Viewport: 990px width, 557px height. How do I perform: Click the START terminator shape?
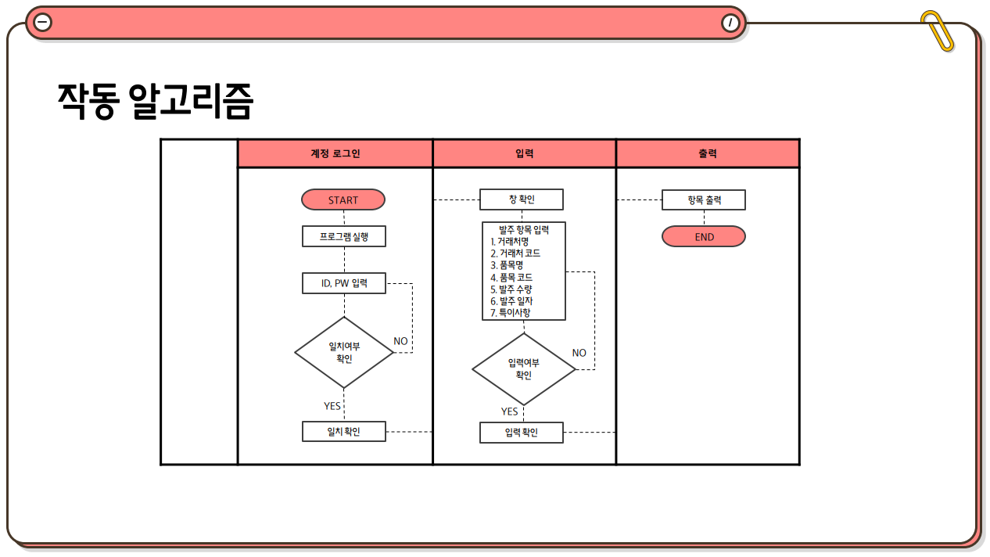point(343,199)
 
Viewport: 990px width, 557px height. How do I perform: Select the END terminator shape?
point(704,236)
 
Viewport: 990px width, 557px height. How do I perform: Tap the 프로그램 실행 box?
point(344,236)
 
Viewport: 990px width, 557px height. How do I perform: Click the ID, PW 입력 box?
point(344,283)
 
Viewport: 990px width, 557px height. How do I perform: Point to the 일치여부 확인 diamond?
point(344,352)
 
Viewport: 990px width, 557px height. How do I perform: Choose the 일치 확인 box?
point(344,431)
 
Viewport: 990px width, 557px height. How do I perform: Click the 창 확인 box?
point(522,199)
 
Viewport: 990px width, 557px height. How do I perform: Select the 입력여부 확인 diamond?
point(523,368)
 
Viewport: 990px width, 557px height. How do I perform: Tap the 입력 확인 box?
point(522,433)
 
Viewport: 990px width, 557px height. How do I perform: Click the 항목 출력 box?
point(704,199)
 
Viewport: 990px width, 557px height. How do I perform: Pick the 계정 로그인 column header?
point(335,154)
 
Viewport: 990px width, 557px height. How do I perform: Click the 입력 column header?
point(525,154)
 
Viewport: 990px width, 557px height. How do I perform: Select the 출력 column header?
point(708,154)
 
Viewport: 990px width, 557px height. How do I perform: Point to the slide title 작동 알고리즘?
point(156,101)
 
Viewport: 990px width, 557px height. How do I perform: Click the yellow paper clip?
point(938,31)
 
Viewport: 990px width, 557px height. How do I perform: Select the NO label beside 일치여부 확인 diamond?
point(400,341)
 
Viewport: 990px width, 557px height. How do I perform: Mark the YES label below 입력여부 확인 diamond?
point(509,411)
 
